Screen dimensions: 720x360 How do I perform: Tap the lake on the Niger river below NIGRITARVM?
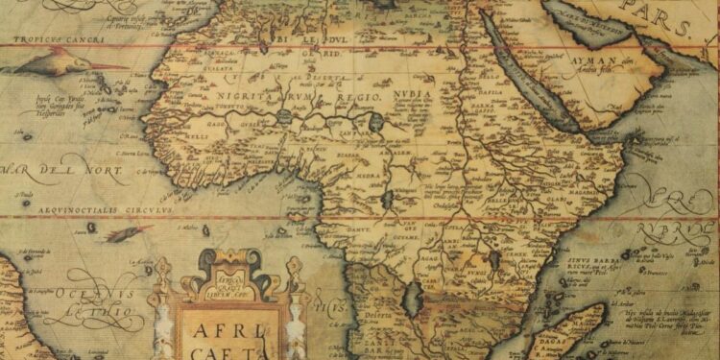286,118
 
